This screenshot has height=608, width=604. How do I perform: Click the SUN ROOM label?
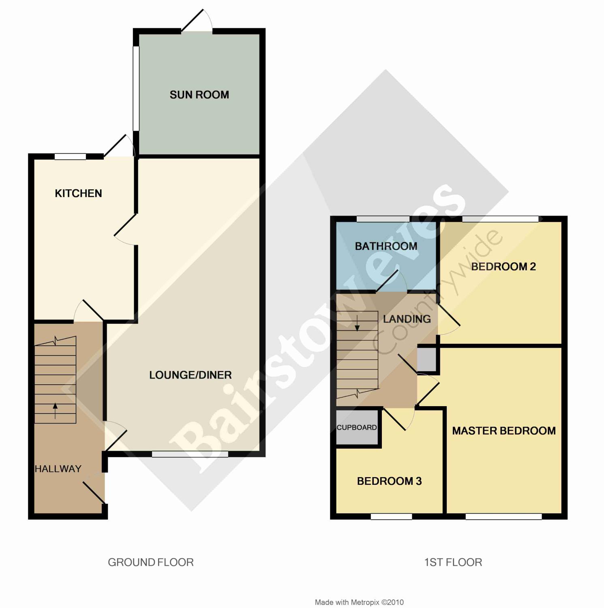coord(199,95)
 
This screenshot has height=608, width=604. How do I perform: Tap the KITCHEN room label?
coord(78,193)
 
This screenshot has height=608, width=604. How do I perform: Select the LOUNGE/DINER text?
coord(191,375)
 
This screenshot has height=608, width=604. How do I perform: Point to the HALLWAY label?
coord(58,469)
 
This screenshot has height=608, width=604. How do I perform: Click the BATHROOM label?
coord(386,246)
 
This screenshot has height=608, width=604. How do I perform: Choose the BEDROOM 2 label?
coord(503,267)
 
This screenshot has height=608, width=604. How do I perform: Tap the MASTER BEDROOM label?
coord(504,431)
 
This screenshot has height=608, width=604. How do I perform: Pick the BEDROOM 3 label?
coord(389,481)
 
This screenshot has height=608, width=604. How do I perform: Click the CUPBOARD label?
coord(357,428)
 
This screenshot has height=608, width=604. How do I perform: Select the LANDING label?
coord(407,319)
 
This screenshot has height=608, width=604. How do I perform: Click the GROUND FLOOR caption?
coord(151,562)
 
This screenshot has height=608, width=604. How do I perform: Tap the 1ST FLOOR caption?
coord(453,562)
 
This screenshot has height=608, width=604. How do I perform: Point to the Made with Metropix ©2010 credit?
coord(359,602)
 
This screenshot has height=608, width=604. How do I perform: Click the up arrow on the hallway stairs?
coord(56,411)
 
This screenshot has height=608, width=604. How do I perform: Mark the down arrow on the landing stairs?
coord(357,323)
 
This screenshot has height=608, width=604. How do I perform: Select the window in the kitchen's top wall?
coord(71,156)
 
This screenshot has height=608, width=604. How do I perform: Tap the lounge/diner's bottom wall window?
coord(190,454)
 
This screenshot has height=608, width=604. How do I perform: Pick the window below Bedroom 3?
coord(392,516)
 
